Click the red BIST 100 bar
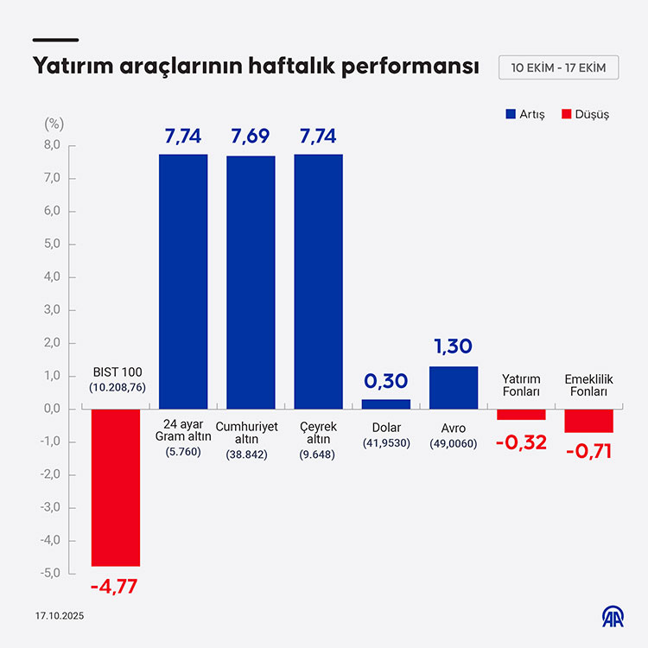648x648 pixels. pyautogui.click(x=116, y=487)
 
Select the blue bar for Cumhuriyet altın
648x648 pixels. pyautogui.click(x=251, y=282)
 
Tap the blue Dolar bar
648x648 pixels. pyautogui.click(x=386, y=403)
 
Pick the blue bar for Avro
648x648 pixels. pyautogui.click(x=454, y=387)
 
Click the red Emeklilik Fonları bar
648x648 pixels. pyautogui.click(x=588, y=420)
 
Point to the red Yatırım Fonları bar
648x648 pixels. pyautogui.click(x=521, y=414)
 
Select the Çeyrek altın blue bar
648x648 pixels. pyautogui.click(x=318, y=281)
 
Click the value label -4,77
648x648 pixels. pyautogui.click(x=114, y=587)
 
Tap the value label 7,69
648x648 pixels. pyautogui.click(x=251, y=136)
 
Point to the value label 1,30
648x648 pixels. pyautogui.click(x=453, y=347)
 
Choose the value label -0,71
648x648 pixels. pyautogui.click(x=588, y=451)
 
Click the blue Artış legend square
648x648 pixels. pyautogui.click(x=511, y=114)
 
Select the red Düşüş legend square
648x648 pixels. pyautogui.click(x=567, y=114)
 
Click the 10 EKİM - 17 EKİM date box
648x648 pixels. pyautogui.click(x=559, y=67)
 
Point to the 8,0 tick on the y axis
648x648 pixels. pyautogui.click(x=52, y=146)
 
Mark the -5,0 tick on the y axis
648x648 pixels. pyautogui.click(x=50, y=573)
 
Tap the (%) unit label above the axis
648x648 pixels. pyautogui.click(x=54, y=123)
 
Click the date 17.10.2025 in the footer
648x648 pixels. pyautogui.click(x=60, y=616)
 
